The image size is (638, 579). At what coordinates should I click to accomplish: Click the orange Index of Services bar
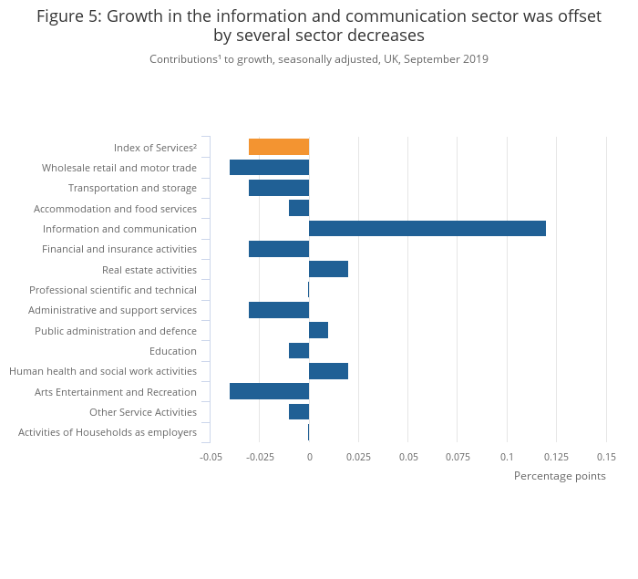click(x=279, y=147)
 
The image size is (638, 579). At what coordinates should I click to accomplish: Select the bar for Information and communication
click(x=427, y=228)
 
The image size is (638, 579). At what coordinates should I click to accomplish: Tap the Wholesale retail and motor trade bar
click(x=269, y=168)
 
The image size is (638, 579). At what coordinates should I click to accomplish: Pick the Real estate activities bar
click(x=328, y=269)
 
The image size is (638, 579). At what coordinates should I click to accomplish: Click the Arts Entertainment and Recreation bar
click(x=269, y=391)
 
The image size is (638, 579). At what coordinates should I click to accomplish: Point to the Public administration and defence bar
click(x=318, y=330)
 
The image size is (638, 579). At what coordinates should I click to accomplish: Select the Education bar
click(x=299, y=351)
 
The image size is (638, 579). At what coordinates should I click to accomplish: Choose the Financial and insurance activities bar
click(x=279, y=249)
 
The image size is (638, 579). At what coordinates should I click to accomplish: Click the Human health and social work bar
click(x=328, y=371)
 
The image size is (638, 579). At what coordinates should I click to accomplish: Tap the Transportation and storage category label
click(x=132, y=188)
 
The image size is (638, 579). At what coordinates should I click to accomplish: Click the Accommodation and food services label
click(x=115, y=209)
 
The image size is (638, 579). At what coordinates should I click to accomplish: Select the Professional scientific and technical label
click(x=113, y=290)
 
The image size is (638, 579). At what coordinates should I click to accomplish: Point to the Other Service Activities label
click(x=143, y=412)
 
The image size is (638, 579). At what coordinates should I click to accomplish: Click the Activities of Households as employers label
click(x=108, y=432)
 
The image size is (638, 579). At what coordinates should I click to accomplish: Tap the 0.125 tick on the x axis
click(x=556, y=456)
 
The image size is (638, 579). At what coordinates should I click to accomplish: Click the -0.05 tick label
click(x=211, y=456)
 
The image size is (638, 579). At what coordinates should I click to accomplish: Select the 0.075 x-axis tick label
click(x=458, y=456)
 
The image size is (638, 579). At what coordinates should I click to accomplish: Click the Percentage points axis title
click(x=560, y=476)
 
